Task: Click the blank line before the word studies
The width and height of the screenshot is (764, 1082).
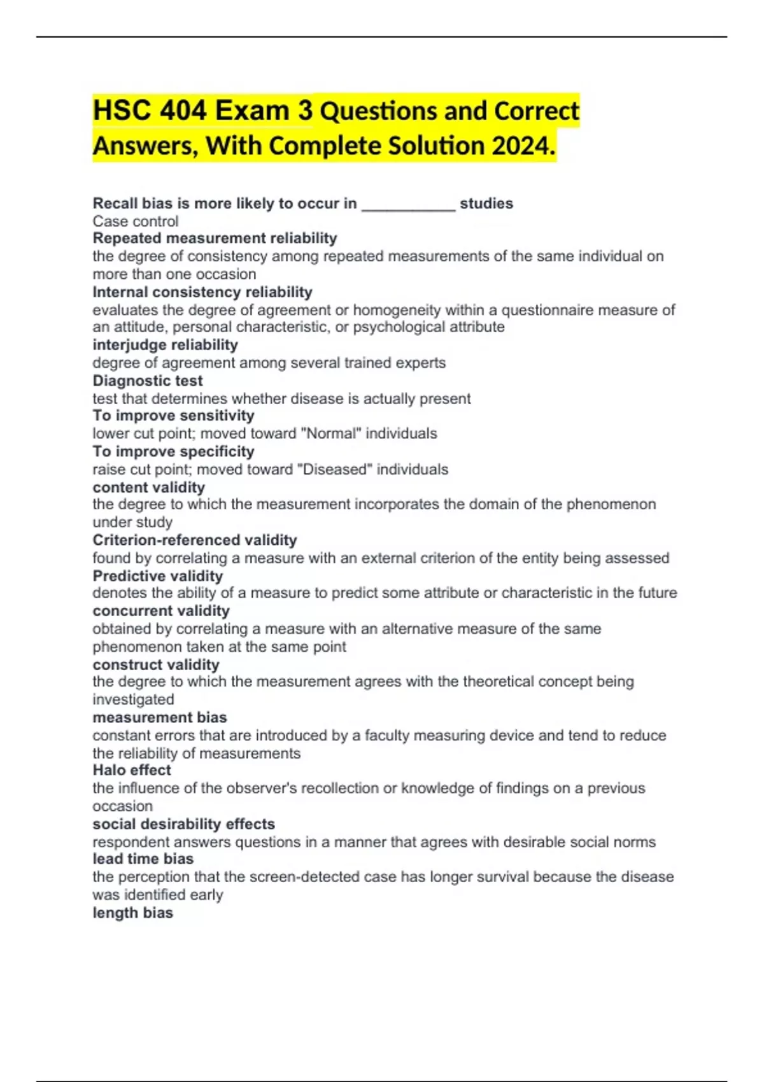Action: (408, 204)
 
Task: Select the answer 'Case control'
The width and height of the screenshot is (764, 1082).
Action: (136, 221)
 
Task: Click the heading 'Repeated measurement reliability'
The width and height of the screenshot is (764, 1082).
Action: (215, 238)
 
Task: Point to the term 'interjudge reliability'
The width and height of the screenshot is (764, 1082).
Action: (165, 345)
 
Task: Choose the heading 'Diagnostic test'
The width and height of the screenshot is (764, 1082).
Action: (148, 381)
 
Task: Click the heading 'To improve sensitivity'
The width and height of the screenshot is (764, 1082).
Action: (173, 416)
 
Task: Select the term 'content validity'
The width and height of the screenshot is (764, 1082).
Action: (148, 488)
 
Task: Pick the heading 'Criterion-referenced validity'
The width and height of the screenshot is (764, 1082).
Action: (195, 540)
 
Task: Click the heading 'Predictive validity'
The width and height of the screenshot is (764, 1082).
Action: (158, 576)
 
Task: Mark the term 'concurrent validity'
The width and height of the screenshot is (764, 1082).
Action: (161, 611)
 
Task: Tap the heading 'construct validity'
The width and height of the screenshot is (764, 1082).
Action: (156, 664)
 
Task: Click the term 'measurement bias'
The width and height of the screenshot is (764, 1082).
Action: (160, 717)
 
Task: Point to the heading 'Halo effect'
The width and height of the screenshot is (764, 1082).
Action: (132, 770)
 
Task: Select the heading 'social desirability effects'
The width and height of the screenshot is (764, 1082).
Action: (184, 824)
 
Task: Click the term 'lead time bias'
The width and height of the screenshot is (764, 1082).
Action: (143, 859)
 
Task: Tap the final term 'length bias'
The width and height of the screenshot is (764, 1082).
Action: (132, 913)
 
